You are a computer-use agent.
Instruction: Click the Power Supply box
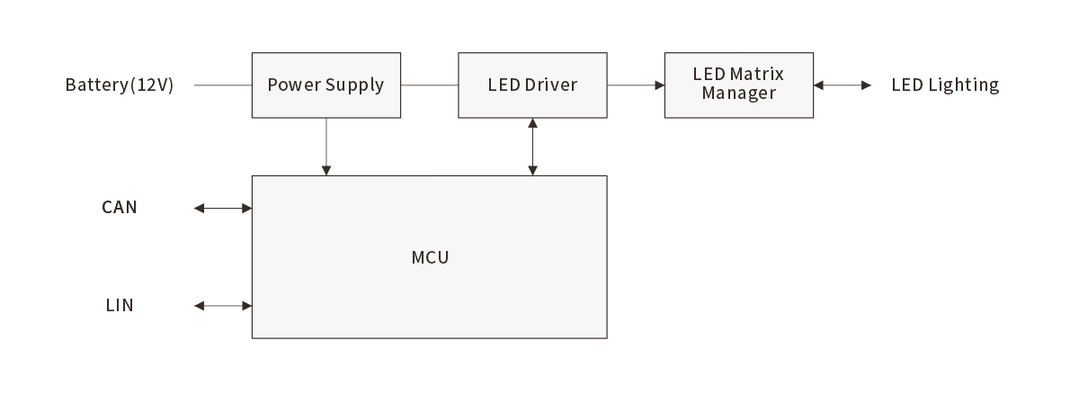[325, 85]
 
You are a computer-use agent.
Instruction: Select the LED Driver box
[532, 85]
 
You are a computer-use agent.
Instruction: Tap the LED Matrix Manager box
[738, 85]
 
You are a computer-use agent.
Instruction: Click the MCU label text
[430, 258]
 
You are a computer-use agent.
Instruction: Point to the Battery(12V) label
[119, 85]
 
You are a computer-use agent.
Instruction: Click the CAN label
[120, 208]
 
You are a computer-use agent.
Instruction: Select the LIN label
[120, 306]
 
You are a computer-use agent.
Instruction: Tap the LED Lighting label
[945, 85]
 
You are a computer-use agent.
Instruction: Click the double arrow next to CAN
[223, 209]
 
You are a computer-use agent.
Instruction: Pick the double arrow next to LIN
[223, 306]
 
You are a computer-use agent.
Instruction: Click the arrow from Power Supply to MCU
[326, 146]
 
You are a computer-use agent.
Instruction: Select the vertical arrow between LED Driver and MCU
[533, 146]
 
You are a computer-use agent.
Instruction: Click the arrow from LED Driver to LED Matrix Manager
[636, 85]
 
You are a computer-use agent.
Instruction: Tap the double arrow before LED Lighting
[843, 85]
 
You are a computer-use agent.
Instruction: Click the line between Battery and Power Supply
[222, 85]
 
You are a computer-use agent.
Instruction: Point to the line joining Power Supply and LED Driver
[430, 85]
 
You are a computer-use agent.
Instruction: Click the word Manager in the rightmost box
[738, 94]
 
